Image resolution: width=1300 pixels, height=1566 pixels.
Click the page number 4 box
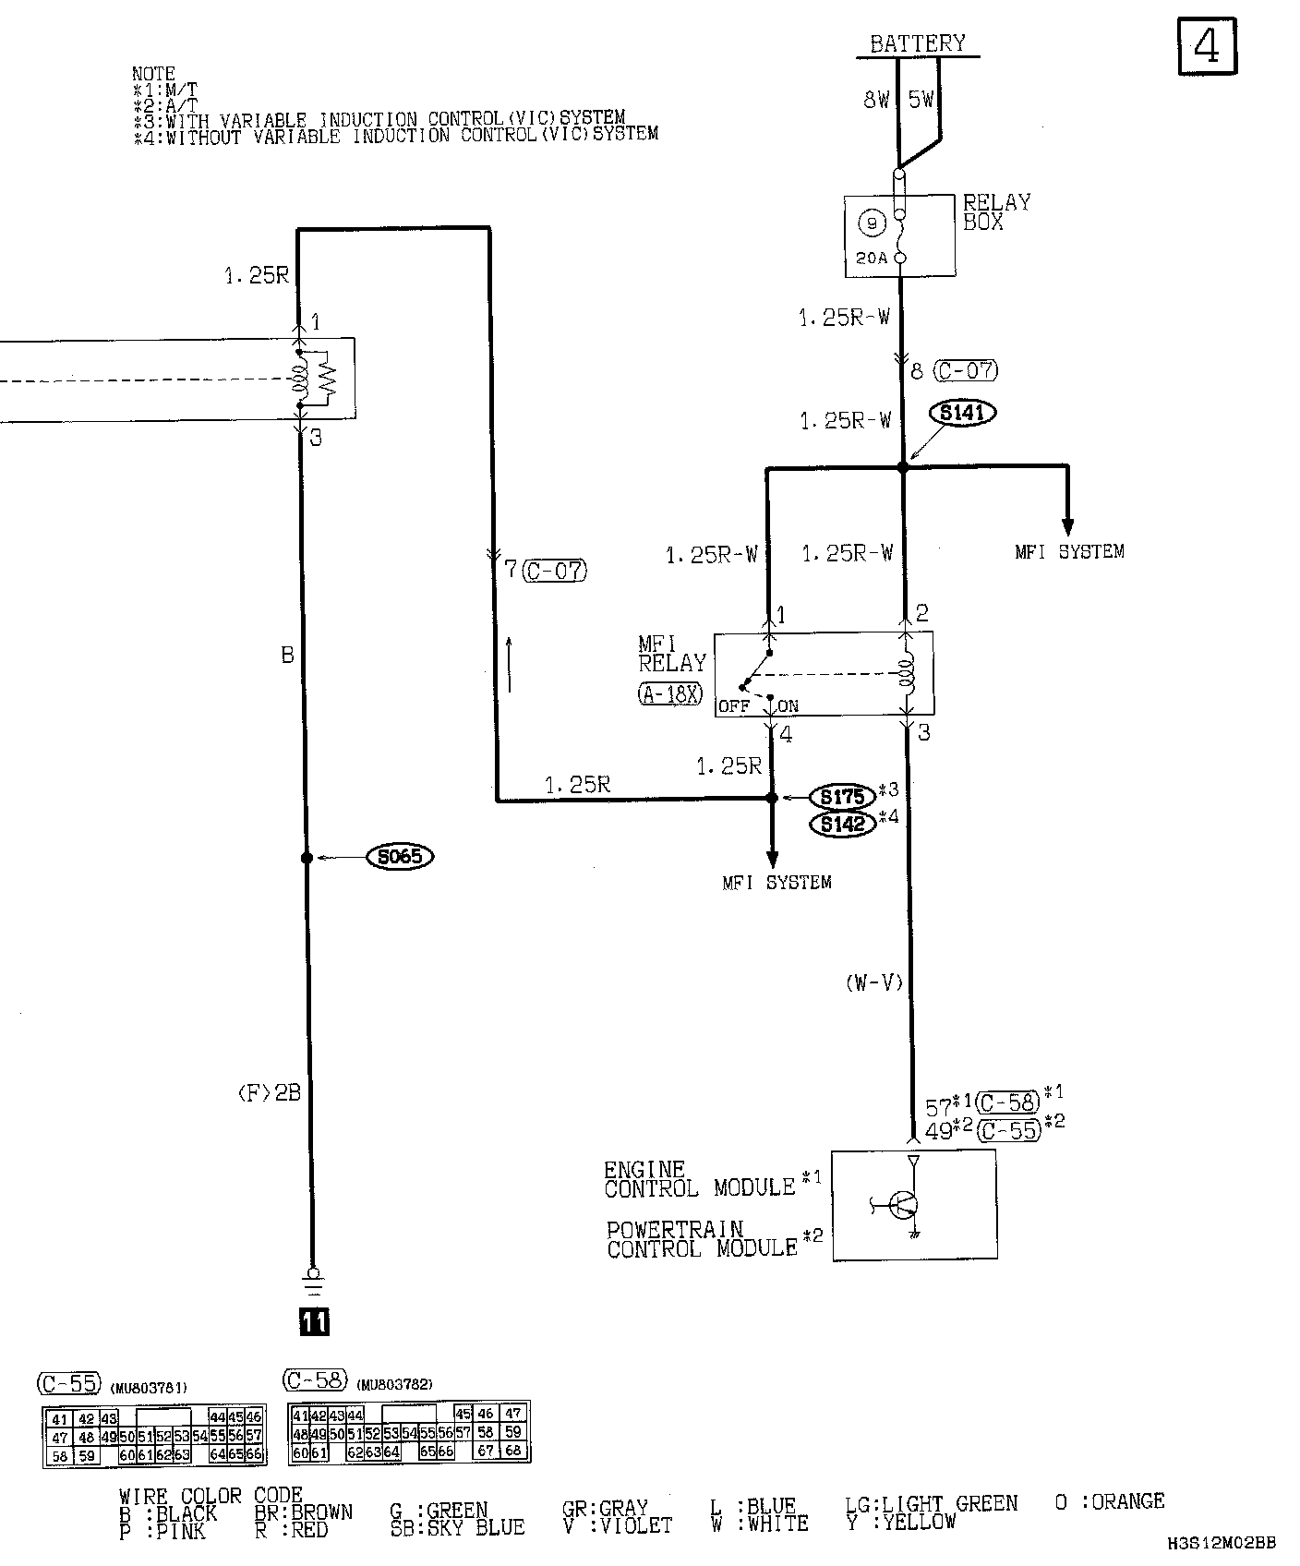pos(1208,46)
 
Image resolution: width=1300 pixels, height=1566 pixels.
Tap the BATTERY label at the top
pos(917,43)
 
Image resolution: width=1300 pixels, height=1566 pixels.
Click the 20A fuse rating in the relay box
pos(871,259)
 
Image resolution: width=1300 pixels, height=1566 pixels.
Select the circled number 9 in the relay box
pos(871,223)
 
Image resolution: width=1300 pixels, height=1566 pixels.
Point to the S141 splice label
pos(962,413)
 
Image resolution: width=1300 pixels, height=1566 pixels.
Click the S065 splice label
pos(400,857)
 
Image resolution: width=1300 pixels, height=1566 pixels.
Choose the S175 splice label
pos(841,796)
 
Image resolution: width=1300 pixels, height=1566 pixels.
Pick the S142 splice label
pos(841,824)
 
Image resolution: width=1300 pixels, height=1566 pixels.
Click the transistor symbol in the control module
pos(901,1203)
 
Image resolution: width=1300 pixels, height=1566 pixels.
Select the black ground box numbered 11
pos(313,1322)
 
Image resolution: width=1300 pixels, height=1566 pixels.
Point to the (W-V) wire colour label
pos(873,983)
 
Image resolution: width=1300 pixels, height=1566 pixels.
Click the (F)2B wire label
pos(269,1094)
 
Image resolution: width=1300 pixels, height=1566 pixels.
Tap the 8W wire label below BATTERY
pos(876,100)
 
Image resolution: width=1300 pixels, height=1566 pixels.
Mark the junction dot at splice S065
pos(307,858)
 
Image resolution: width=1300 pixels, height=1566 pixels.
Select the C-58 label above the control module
pos(1007,1102)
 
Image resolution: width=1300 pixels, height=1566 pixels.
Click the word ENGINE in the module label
pos(644,1170)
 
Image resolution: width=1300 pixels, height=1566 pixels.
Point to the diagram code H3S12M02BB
pos(1221,1543)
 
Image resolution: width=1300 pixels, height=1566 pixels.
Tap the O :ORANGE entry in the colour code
pos(1109,1502)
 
